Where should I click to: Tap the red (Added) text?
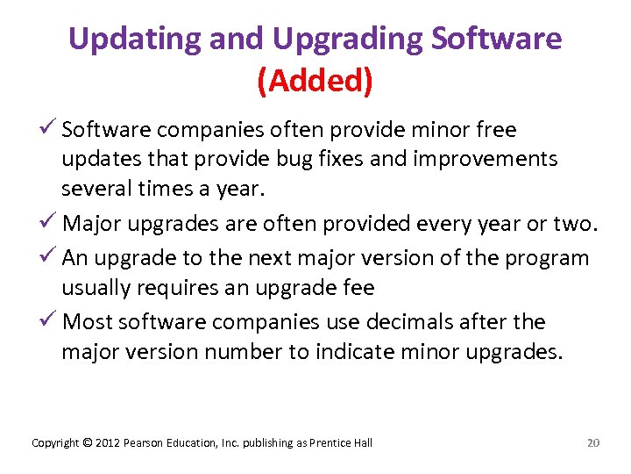[x=315, y=81]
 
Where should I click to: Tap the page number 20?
[x=593, y=442]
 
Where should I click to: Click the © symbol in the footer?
[x=86, y=442]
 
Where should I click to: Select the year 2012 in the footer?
[x=107, y=442]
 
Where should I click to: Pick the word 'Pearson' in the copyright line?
[x=144, y=442]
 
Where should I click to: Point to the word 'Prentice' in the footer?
[x=330, y=442]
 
